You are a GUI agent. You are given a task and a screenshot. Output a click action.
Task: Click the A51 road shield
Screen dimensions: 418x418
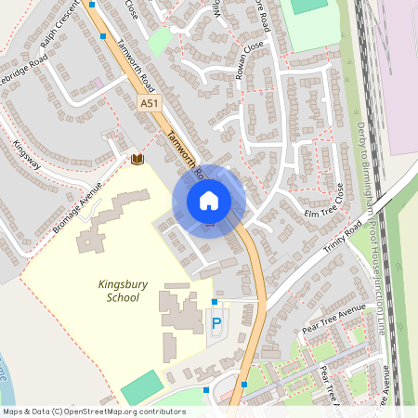click(x=150, y=105)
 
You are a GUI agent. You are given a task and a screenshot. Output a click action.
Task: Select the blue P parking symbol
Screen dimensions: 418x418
click(x=216, y=324)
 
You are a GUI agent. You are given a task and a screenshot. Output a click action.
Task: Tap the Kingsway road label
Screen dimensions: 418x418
click(x=27, y=153)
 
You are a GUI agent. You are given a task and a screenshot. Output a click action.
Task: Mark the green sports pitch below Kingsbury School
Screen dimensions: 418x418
click(x=141, y=386)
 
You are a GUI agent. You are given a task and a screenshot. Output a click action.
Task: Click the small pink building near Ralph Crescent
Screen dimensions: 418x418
click(x=98, y=83)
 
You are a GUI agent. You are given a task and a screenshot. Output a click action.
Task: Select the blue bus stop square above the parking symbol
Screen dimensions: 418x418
click(x=215, y=302)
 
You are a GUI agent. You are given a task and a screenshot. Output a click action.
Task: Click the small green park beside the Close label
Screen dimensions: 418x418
click(x=161, y=41)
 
